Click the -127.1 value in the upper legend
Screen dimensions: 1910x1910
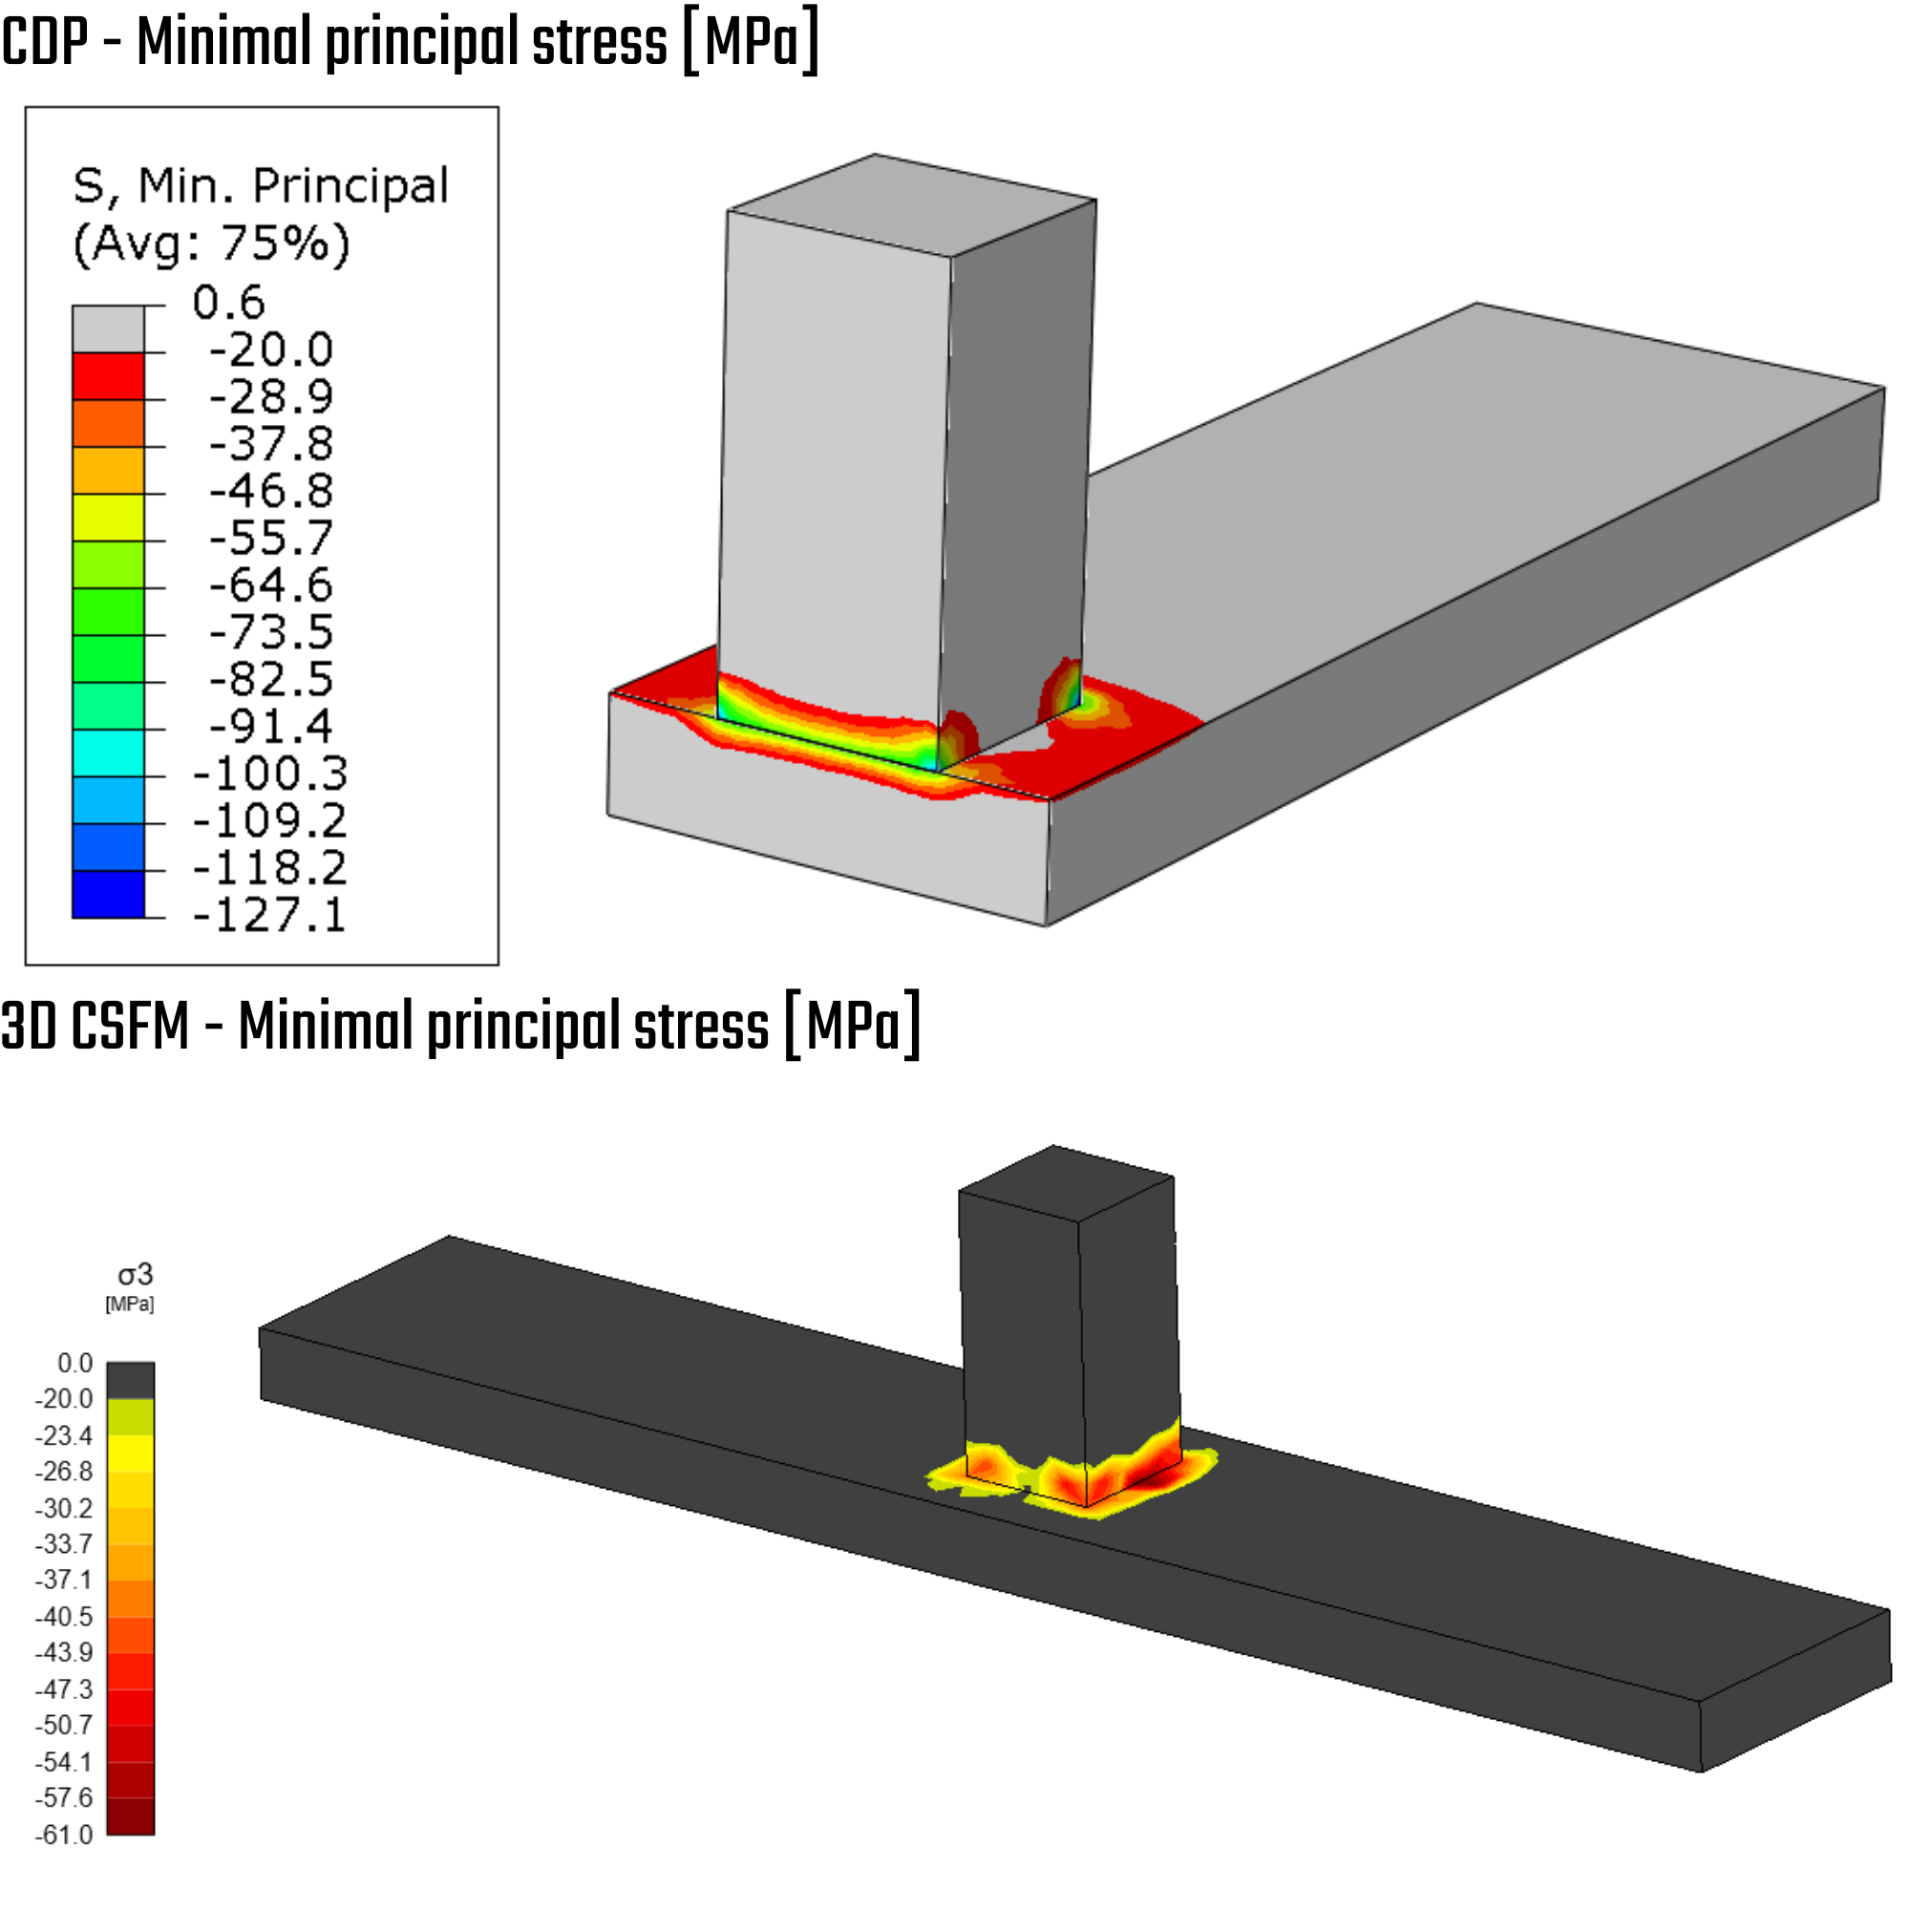[269, 915]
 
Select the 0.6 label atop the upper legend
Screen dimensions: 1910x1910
[228, 302]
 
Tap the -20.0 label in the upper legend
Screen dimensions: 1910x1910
[271, 349]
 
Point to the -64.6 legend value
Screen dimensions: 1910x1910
[271, 584]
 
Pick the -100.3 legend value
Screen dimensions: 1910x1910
[270, 774]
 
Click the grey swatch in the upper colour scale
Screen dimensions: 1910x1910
[109, 329]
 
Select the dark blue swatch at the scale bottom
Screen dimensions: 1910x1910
[109, 894]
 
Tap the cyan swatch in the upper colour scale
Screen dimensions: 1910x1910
[109, 753]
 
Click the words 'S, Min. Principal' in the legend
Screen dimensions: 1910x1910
[261, 186]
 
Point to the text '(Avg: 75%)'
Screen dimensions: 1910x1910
[212, 244]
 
